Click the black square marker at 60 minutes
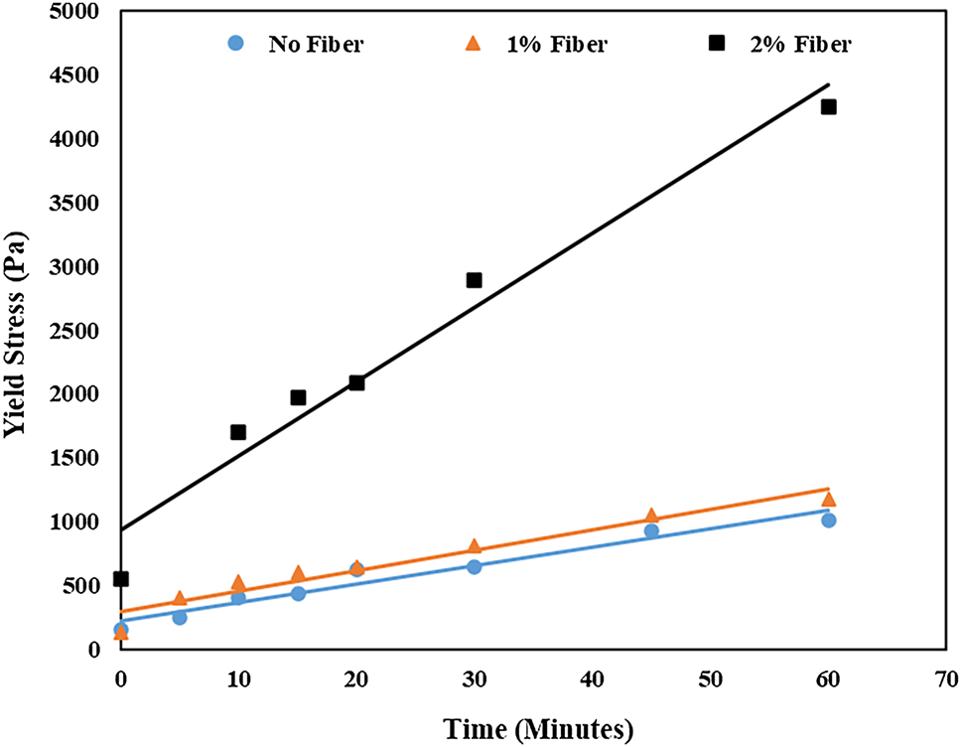pyautogui.click(x=828, y=106)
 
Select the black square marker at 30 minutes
pyautogui.click(x=474, y=280)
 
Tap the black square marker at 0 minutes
pyautogui.click(x=121, y=578)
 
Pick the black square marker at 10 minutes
pyautogui.click(x=238, y=432)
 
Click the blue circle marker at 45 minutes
pyautogui.click(x=651, y=530)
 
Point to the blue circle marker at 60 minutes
pyautogui.click(x=828, y=520)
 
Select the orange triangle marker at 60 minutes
pyautogui.click(x=828, y=499)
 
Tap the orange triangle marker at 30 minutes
pyautogui.click(x=474, y=546)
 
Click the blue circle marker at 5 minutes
pyautogui.click(x=180, y=617)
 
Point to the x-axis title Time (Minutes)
pyautogui.click(x=533, y=730)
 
